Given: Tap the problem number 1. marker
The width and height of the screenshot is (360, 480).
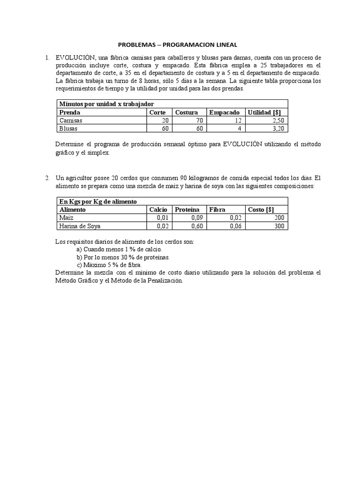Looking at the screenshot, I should tap(47, 58).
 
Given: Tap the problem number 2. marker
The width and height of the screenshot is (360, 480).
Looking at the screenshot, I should tap(47, 178).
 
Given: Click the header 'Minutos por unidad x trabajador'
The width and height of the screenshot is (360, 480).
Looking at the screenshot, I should tap(106, 104).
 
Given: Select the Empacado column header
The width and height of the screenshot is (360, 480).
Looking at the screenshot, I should tap(224, 112).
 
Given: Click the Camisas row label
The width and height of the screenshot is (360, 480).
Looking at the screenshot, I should tap(70, 120).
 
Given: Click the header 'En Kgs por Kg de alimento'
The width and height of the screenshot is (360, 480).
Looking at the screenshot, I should tap(97, 202).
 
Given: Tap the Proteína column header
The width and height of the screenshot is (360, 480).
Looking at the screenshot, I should tap(187, 210).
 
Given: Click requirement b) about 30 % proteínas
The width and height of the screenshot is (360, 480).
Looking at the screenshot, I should tap(123, 257).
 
